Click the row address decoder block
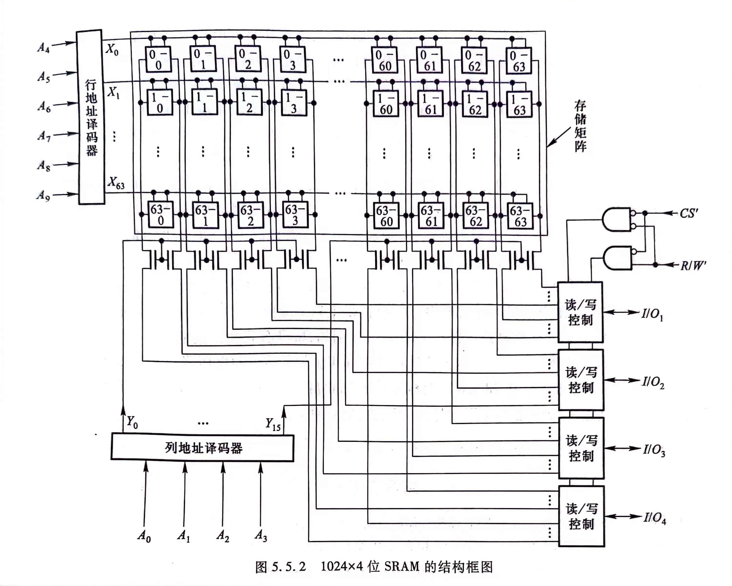click(91, 117)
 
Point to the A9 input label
click(43, 195)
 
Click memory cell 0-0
click(158, 59)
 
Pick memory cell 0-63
click(518, 61)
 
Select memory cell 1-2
click(249, 103)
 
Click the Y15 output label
click(273, 424)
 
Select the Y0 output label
click(132, 422)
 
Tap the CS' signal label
click(689, 213)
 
